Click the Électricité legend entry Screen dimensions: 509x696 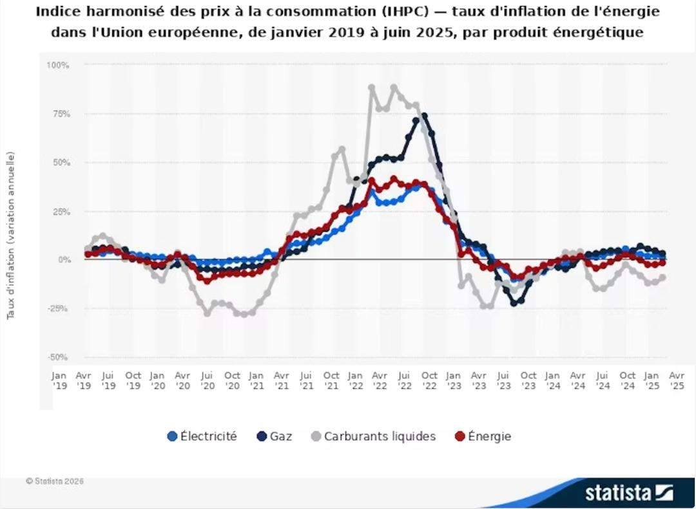coord(202,436)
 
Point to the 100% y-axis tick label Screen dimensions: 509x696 coord(58,66)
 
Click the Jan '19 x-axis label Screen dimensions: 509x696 coord(59,380)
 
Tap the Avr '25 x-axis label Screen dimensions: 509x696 coord(677,380)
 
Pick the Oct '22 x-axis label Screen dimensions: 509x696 coord(429,380)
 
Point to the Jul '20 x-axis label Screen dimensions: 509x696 coord(207,380)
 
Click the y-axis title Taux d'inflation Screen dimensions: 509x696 coord(11,236)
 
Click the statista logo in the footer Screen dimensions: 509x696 coord(628,494)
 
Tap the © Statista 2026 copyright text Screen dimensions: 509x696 coord(55,481)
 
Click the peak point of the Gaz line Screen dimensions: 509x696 coord(423,116)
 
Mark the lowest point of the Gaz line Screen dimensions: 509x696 coord(514,303)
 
